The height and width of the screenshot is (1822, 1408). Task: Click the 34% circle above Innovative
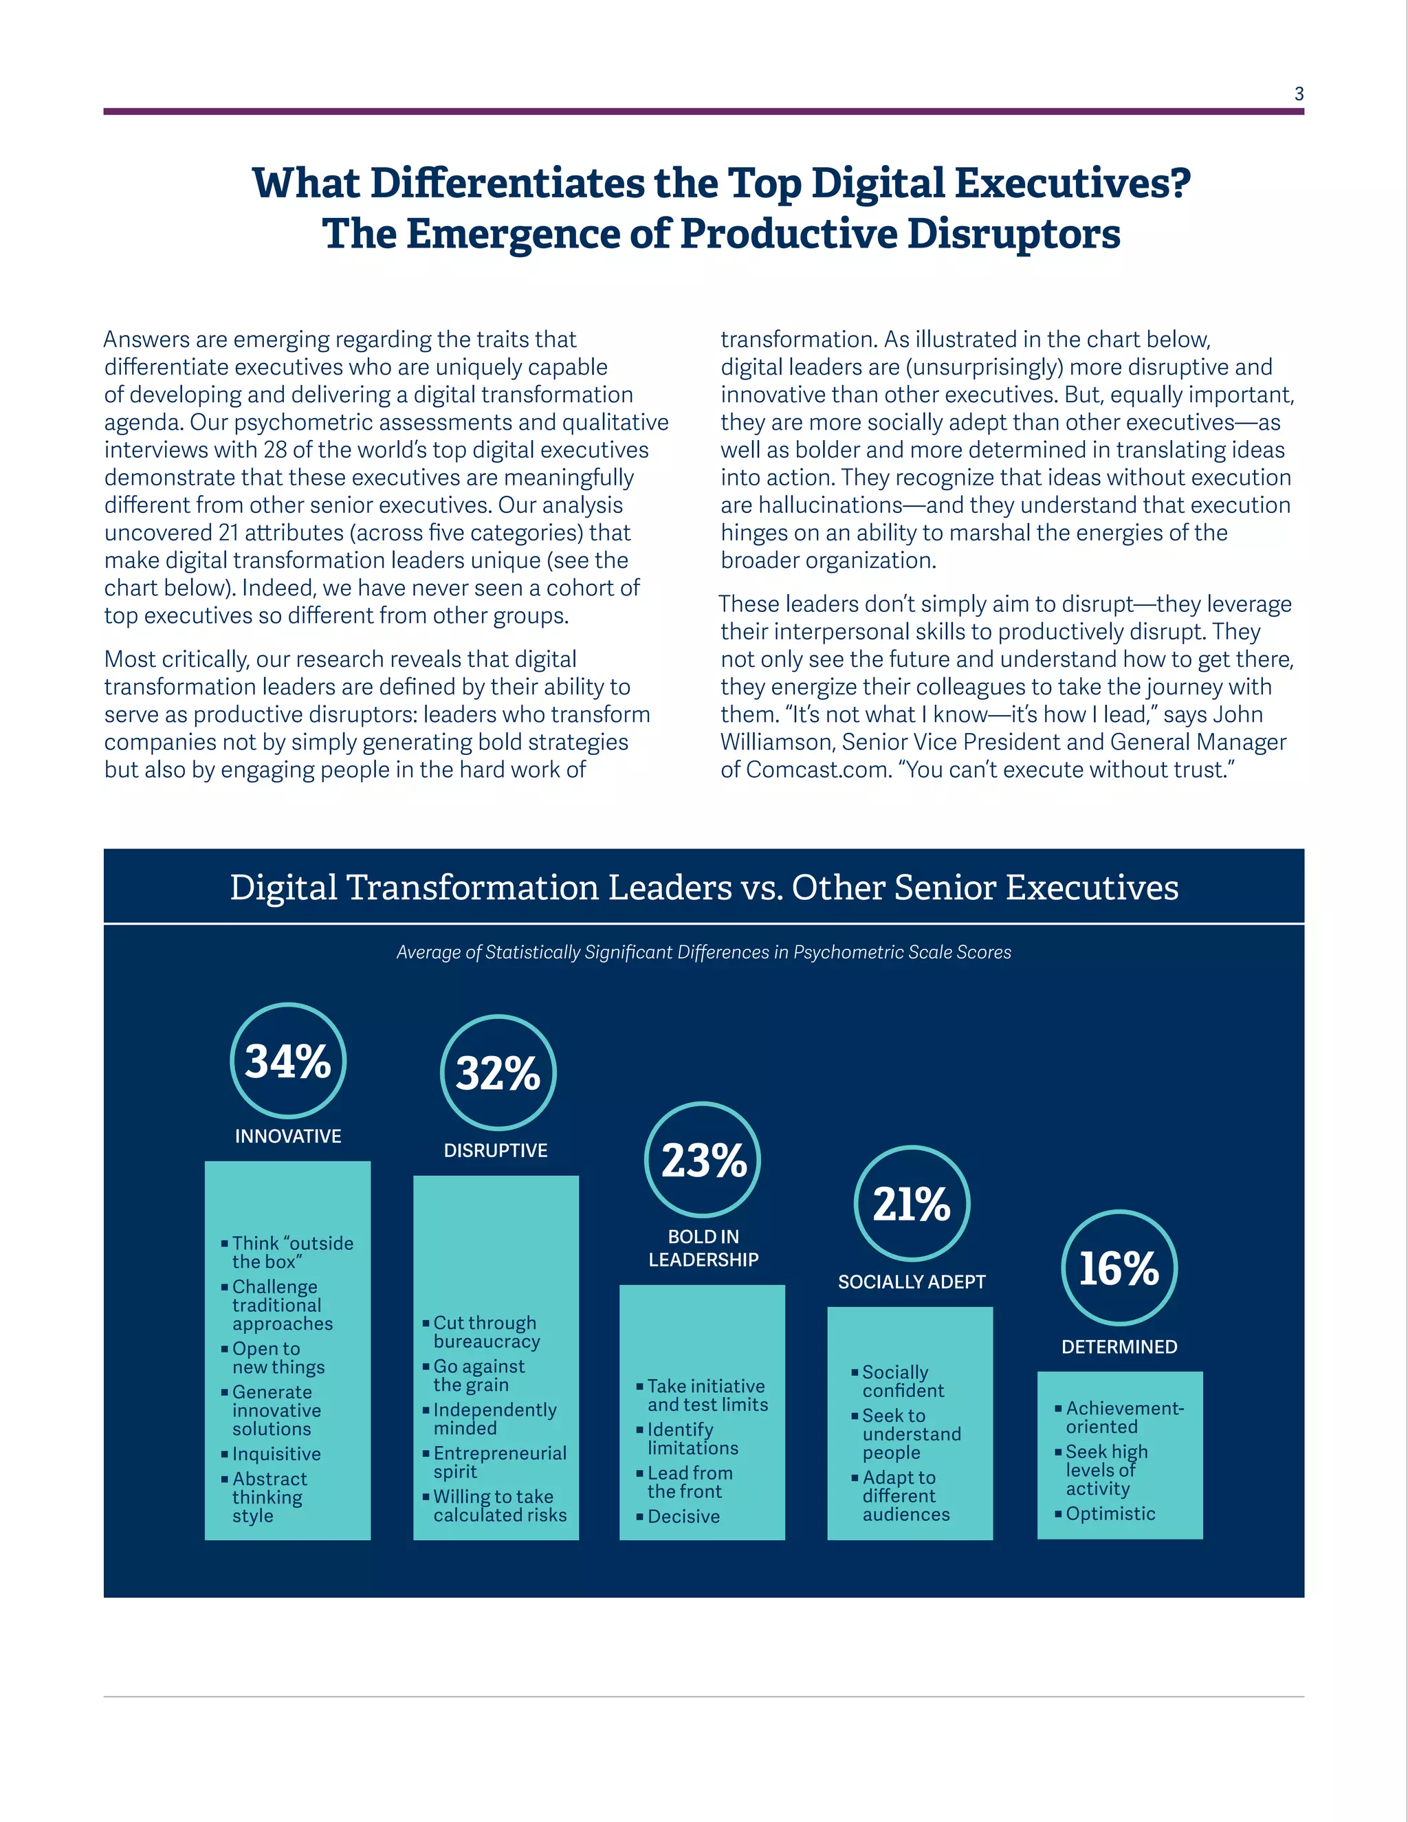point(288,1060)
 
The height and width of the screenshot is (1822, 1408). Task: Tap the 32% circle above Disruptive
point(497,1073)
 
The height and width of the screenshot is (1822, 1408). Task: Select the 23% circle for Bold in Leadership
point(703,1160)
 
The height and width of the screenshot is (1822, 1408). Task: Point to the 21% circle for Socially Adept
point(912,1203)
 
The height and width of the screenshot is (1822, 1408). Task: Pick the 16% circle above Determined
point(1119,1267)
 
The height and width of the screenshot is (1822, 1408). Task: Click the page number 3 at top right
point(1299,94)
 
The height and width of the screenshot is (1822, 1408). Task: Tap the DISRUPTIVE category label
point(496,1150)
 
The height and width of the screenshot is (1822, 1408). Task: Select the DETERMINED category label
point(1119,1346)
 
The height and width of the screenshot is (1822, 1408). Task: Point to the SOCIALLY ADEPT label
point(912,1282)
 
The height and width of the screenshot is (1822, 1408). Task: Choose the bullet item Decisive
point(683,1516)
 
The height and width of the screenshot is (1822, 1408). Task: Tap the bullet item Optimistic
point(1110,1513)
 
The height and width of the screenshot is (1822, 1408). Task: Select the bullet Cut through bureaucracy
point(485,1332)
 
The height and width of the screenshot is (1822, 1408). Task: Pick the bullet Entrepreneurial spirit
point(499,1462)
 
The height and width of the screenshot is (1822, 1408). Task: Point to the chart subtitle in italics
point(703,952)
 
